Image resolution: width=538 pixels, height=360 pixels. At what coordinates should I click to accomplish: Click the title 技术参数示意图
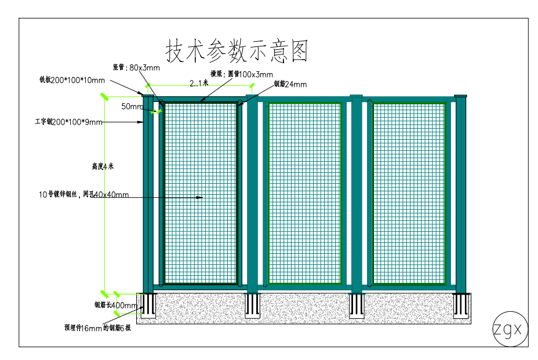237,52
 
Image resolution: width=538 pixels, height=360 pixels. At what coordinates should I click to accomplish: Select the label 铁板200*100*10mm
72,80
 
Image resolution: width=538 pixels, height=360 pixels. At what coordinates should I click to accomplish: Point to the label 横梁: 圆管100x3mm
241,74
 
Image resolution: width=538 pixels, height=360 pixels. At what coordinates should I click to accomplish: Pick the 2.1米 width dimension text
198,84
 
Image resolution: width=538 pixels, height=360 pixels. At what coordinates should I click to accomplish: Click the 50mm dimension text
132,107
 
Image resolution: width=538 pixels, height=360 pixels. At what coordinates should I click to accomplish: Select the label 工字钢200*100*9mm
68,122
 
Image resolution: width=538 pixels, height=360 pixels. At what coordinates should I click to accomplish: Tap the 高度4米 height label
103,166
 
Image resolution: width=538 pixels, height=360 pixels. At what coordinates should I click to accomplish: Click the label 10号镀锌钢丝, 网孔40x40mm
83,194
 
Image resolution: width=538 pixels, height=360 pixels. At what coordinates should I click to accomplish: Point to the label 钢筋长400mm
115,305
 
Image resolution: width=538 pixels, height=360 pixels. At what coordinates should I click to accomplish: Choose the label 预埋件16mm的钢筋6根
97,328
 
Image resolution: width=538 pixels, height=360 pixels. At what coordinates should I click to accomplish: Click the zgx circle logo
510,329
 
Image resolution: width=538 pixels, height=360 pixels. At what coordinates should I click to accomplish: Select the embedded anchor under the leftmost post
148,306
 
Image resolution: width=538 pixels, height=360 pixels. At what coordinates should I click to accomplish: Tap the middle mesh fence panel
304,193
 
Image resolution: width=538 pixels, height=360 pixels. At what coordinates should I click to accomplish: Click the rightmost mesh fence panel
409,193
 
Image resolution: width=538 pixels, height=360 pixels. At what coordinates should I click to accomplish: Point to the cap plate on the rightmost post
461,96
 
